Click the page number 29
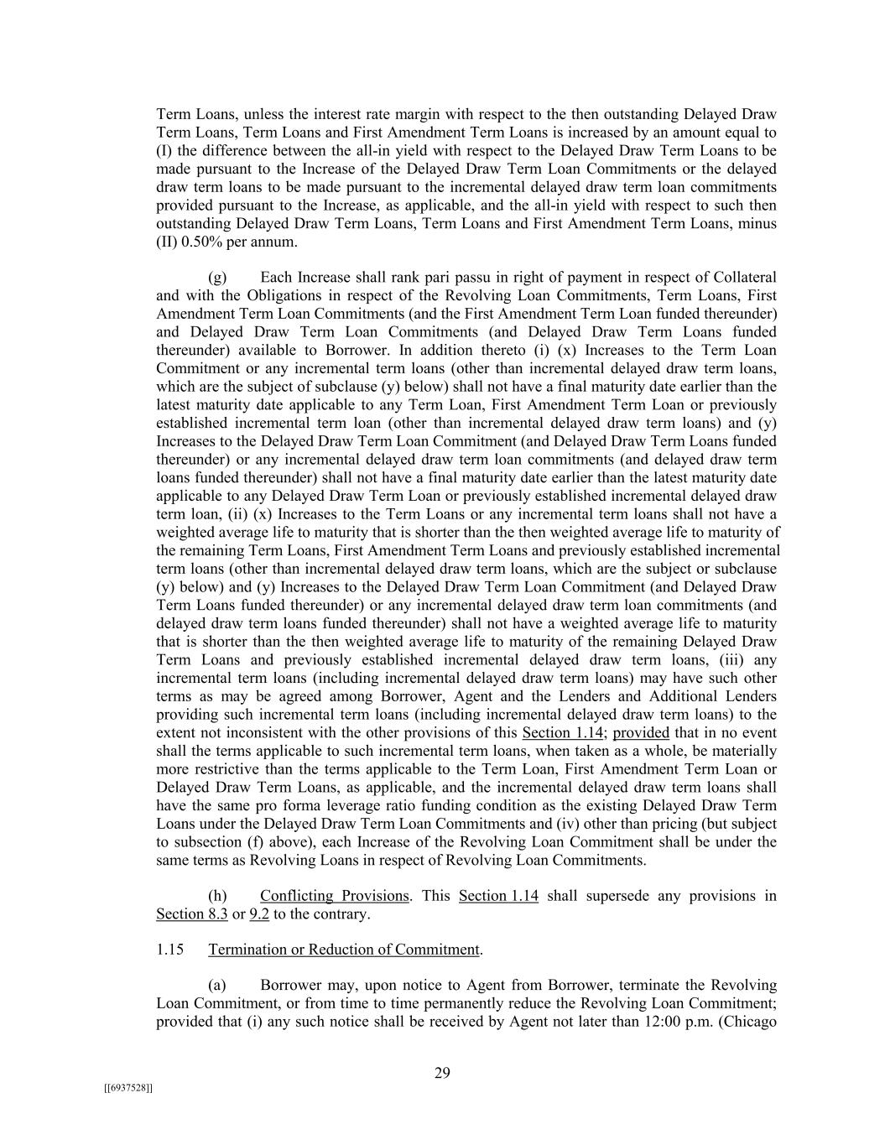[x=442, y=1073]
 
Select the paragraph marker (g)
[x=217, y=278]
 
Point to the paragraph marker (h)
[x=217, y=896]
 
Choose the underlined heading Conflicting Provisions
[x=334, y=896]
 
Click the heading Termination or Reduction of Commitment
[x=344, y=950]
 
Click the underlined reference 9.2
[x=259, y=914]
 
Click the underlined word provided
[x=641, y=733]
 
